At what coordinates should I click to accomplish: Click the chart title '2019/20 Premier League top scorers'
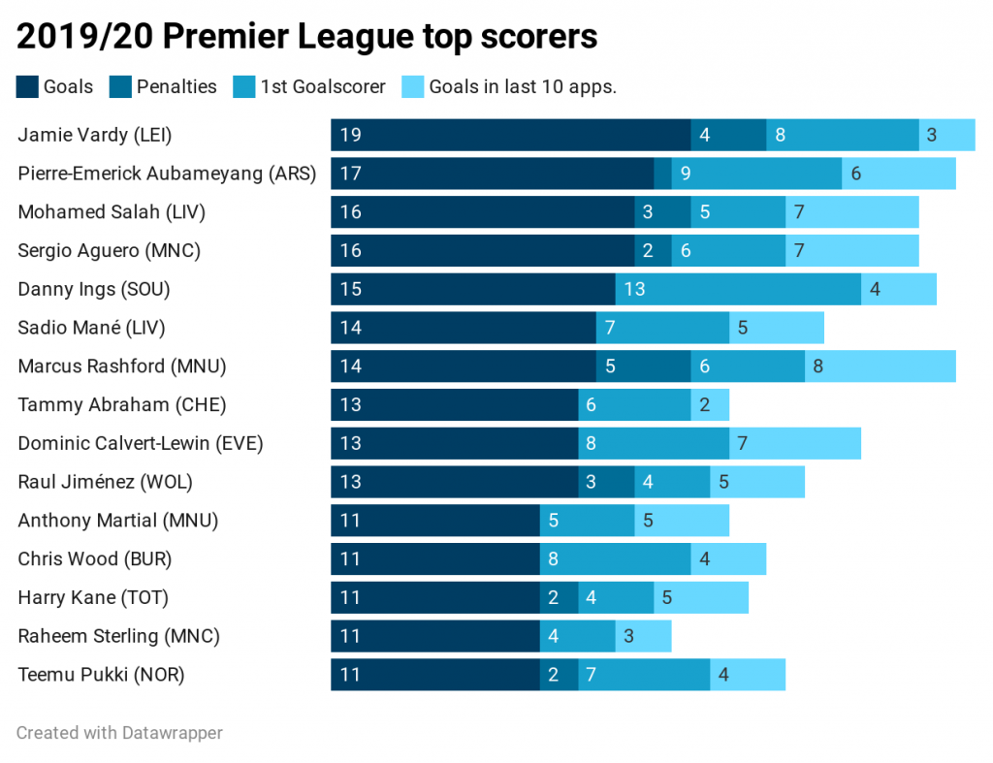tap(306, 36)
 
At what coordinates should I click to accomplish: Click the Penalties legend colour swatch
tap(121, 87)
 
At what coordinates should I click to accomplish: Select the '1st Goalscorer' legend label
tap(323, 87)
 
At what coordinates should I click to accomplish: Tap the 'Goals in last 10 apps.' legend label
tap(523, 87)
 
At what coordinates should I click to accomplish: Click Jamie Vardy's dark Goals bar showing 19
tap(510, 135)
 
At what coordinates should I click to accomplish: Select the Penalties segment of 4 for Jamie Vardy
tap(728, 135)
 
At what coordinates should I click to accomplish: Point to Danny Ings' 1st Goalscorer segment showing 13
tap(738, 289)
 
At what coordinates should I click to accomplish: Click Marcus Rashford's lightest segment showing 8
tap(880, 366)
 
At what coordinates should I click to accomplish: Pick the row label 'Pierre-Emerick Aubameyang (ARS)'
tap(167, 174)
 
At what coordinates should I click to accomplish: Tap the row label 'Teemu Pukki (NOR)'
tap(101, 675)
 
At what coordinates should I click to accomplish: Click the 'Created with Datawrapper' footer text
tap(119, 733)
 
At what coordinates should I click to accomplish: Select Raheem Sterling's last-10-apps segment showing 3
tap(643, 636)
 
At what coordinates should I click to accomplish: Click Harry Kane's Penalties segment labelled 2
tap(559, 597)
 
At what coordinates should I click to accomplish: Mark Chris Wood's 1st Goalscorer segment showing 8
tap(615, 558)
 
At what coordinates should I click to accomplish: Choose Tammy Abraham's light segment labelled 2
tap(709, 405)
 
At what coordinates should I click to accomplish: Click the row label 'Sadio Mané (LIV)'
tap(91, 328)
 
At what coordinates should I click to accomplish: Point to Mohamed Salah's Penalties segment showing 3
tap(662, 212)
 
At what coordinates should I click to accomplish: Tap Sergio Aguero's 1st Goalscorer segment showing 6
tap(728, 251)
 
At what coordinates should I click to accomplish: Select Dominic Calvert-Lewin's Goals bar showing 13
tap(454, 444)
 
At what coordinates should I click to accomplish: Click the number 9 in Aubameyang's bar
tap(686, 174)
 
